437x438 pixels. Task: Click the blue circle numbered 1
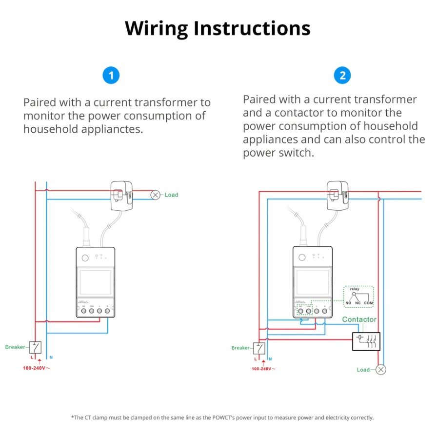point(111,76)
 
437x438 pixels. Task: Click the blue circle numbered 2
point(342,76)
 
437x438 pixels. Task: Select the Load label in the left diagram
point(171,195)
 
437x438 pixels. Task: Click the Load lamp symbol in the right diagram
point(381,369)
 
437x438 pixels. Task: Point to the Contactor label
point(359,319)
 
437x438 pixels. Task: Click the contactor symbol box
point(366,341)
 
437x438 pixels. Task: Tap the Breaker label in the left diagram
point(15,347)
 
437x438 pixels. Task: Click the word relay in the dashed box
point(355,289)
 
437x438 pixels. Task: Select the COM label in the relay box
point(369,303)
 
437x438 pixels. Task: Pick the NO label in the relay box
point(348,303)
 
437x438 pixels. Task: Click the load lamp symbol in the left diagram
point(156,195)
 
